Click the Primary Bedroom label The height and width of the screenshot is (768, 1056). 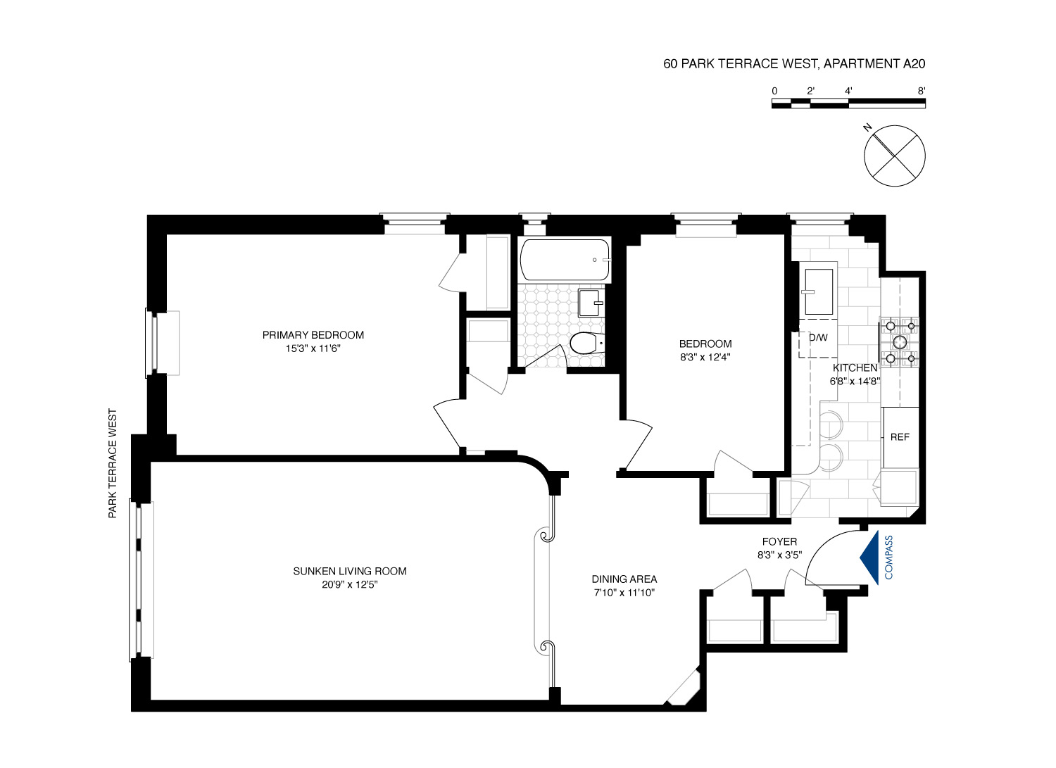(313, 335)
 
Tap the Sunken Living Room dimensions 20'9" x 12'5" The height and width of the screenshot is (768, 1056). (350, 584)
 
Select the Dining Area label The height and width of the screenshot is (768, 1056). (624, 579)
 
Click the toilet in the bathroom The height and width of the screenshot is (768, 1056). (584, 344)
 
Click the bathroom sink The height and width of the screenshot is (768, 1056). (590, 302)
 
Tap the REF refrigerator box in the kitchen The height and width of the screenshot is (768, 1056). (900, 437)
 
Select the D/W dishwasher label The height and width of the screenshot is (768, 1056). (818, 337)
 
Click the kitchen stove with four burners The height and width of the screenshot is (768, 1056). (900, 342)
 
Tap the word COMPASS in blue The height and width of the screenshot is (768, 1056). (888, 558)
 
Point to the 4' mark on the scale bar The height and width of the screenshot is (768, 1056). (848, 91)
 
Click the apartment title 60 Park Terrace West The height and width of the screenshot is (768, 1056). (794, 64)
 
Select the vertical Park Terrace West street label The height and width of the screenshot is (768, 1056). (112, 464)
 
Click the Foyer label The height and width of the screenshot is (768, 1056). (779, 541)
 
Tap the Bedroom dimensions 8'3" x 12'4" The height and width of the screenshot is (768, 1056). (705, 356)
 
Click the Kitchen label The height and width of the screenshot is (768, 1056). (855, 368)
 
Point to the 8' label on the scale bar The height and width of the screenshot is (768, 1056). (922, 91)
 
